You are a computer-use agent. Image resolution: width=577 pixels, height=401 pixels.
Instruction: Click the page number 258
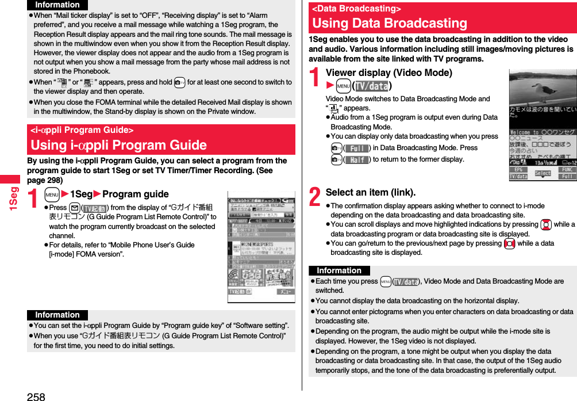[36, 396]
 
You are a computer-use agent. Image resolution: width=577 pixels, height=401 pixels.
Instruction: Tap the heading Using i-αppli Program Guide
[118, 145]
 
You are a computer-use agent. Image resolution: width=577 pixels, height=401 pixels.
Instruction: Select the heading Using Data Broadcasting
[390, 24]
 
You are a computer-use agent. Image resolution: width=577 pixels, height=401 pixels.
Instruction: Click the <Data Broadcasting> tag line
[356, 9]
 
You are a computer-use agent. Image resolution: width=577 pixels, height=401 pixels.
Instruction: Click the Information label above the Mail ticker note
[57, 5]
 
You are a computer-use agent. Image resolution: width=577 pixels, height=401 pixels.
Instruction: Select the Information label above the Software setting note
[57, 315]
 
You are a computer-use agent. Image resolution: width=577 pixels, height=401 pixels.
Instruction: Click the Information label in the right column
[339, 270]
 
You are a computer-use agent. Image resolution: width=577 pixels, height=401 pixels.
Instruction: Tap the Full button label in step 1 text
[357, 148]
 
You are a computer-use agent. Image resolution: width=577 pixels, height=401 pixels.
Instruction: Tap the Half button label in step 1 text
[357, 159]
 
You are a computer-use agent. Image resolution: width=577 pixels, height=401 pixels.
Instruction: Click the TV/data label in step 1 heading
[371, 86]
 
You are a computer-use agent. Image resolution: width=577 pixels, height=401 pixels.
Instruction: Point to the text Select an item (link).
[370, 192]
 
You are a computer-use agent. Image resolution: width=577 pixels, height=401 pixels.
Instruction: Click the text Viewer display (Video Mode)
[388, 72]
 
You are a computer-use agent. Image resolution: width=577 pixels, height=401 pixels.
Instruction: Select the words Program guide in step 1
[136, 194]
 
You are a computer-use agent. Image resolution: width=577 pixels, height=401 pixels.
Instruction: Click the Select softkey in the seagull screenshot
[543, 173]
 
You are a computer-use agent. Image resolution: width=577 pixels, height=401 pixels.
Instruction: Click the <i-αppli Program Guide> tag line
[82, 130]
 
